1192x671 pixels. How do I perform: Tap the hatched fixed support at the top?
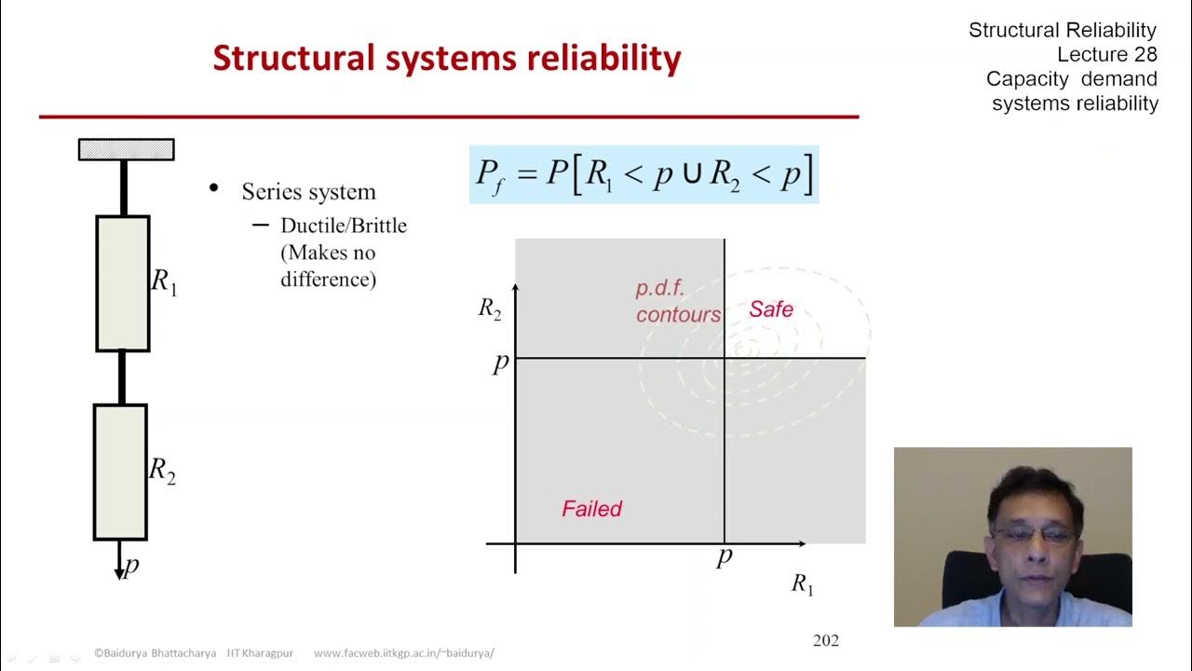126,149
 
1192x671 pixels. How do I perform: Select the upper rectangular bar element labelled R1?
122,283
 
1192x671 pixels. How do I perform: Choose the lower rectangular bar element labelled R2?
120,472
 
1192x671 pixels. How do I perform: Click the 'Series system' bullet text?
308,192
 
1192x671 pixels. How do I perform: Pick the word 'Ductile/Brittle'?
344,226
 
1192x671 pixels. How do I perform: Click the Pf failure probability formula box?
643,174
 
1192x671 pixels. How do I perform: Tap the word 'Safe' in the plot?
771,309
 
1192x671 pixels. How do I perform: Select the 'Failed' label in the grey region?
591,509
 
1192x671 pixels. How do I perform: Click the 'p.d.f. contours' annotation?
678,302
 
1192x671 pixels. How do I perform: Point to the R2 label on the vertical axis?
490,309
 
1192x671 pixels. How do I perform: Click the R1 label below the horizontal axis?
802,584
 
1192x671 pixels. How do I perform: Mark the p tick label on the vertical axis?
500,362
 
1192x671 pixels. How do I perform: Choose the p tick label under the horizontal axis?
724,556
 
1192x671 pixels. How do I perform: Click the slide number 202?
825,640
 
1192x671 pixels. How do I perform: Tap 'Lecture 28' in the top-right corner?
1106,55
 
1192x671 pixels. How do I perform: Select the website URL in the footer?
403,653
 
